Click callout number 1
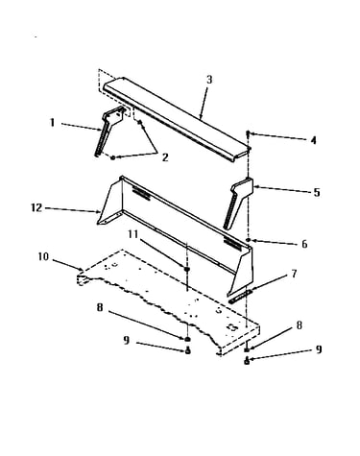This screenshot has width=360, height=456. coord(53,123)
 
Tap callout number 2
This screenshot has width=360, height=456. coord(165,157)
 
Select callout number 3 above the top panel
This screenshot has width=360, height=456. coord(209,80)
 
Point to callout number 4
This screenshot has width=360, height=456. coord(314,140)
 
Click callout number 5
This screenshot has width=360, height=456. coord(317,193)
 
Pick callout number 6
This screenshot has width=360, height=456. coord(304,244)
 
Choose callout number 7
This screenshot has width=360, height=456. coord(294,274)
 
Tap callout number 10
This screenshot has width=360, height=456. coord(43,256)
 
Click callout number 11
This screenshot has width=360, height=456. coord(133,234)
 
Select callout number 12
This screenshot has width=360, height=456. coord(36,207)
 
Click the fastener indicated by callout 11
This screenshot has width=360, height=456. coord(187,269)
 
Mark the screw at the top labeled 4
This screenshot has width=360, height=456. coord(248,132)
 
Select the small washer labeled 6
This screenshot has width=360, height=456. coord(248,240)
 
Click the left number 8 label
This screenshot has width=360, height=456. coord(100,307)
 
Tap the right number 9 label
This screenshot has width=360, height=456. coord(319,349)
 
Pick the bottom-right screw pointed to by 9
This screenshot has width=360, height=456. coord(247,361)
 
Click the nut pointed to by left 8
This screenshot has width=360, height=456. coord(188,339)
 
